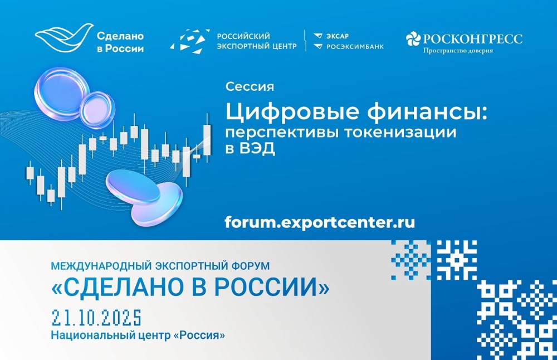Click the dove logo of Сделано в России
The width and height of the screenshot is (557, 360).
click(61, 38)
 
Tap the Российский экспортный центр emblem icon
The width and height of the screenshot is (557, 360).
click(189, 41)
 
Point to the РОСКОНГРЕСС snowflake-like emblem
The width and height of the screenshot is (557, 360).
click(413, 38)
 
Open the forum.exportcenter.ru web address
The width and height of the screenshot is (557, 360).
click(320, 222)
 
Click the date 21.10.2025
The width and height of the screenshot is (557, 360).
click(96, 318)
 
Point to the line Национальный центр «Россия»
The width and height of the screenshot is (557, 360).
click(138, 336)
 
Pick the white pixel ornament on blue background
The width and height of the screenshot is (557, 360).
click(457, 259)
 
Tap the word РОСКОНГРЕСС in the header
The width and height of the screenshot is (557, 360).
click(473, 38)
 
